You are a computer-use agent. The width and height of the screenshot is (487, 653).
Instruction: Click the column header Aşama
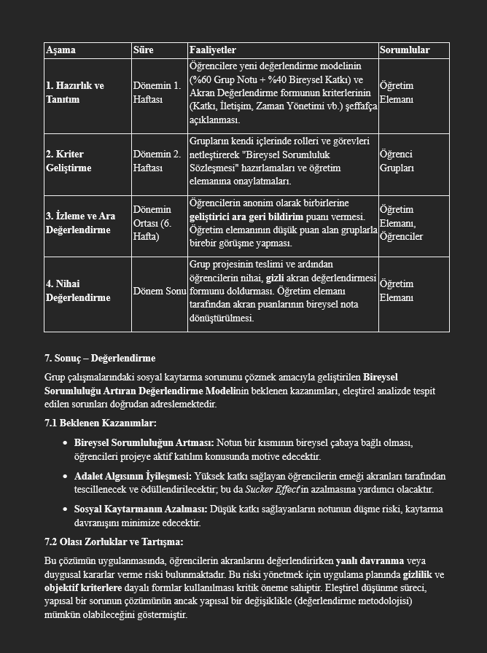(61, 50)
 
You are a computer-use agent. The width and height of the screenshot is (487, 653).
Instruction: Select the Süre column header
(143, 50)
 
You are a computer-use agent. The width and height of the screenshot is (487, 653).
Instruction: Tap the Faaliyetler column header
(212, 50)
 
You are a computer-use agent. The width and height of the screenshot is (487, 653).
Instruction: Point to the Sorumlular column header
(404, 50)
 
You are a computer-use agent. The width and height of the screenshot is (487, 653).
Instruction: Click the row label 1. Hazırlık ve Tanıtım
(74, 93)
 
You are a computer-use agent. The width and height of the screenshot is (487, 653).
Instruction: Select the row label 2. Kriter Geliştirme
(69, 161)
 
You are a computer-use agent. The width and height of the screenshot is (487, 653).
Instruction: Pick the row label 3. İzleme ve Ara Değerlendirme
(80, 223)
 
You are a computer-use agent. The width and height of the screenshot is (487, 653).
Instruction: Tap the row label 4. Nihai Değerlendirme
(78, 291)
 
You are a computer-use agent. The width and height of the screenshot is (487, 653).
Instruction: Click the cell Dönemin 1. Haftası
(157, 93)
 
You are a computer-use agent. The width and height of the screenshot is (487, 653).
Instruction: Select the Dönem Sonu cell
(159, 291)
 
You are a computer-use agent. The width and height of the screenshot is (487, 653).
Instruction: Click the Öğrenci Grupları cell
(397, 161)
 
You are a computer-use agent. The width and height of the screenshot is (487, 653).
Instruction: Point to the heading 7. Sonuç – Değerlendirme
(100, 359)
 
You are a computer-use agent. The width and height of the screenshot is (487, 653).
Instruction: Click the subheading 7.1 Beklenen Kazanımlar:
(100, 423)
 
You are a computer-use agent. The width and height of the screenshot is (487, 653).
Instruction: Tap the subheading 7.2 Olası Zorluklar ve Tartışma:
(114, 542)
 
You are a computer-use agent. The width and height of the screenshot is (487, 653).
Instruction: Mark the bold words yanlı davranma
(370, 561)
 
